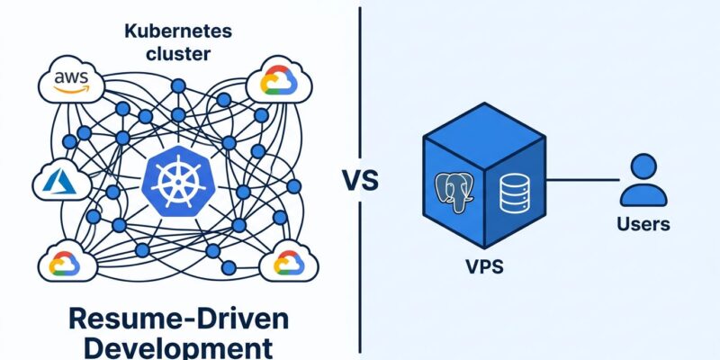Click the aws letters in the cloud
pyautogui.click(x=70, y=79)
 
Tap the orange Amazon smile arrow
pyautogui.click(x=71, y=90)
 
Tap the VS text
pyautogui.click(x=360, y=180)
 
